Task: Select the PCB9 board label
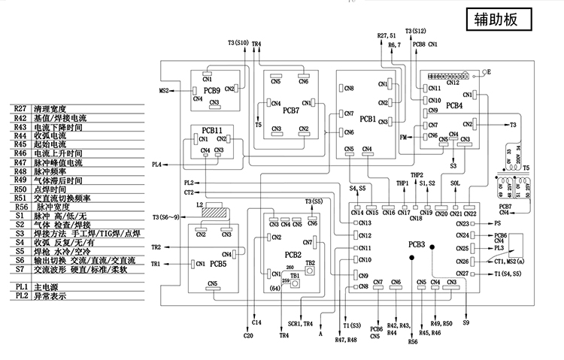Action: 213,90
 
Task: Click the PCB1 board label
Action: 368,119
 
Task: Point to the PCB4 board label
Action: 453,106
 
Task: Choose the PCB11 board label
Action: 213,129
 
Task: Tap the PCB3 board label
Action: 417,244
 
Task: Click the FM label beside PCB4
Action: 403,138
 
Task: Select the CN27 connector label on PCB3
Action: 462,274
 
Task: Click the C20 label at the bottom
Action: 249,335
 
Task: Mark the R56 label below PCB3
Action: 411,342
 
